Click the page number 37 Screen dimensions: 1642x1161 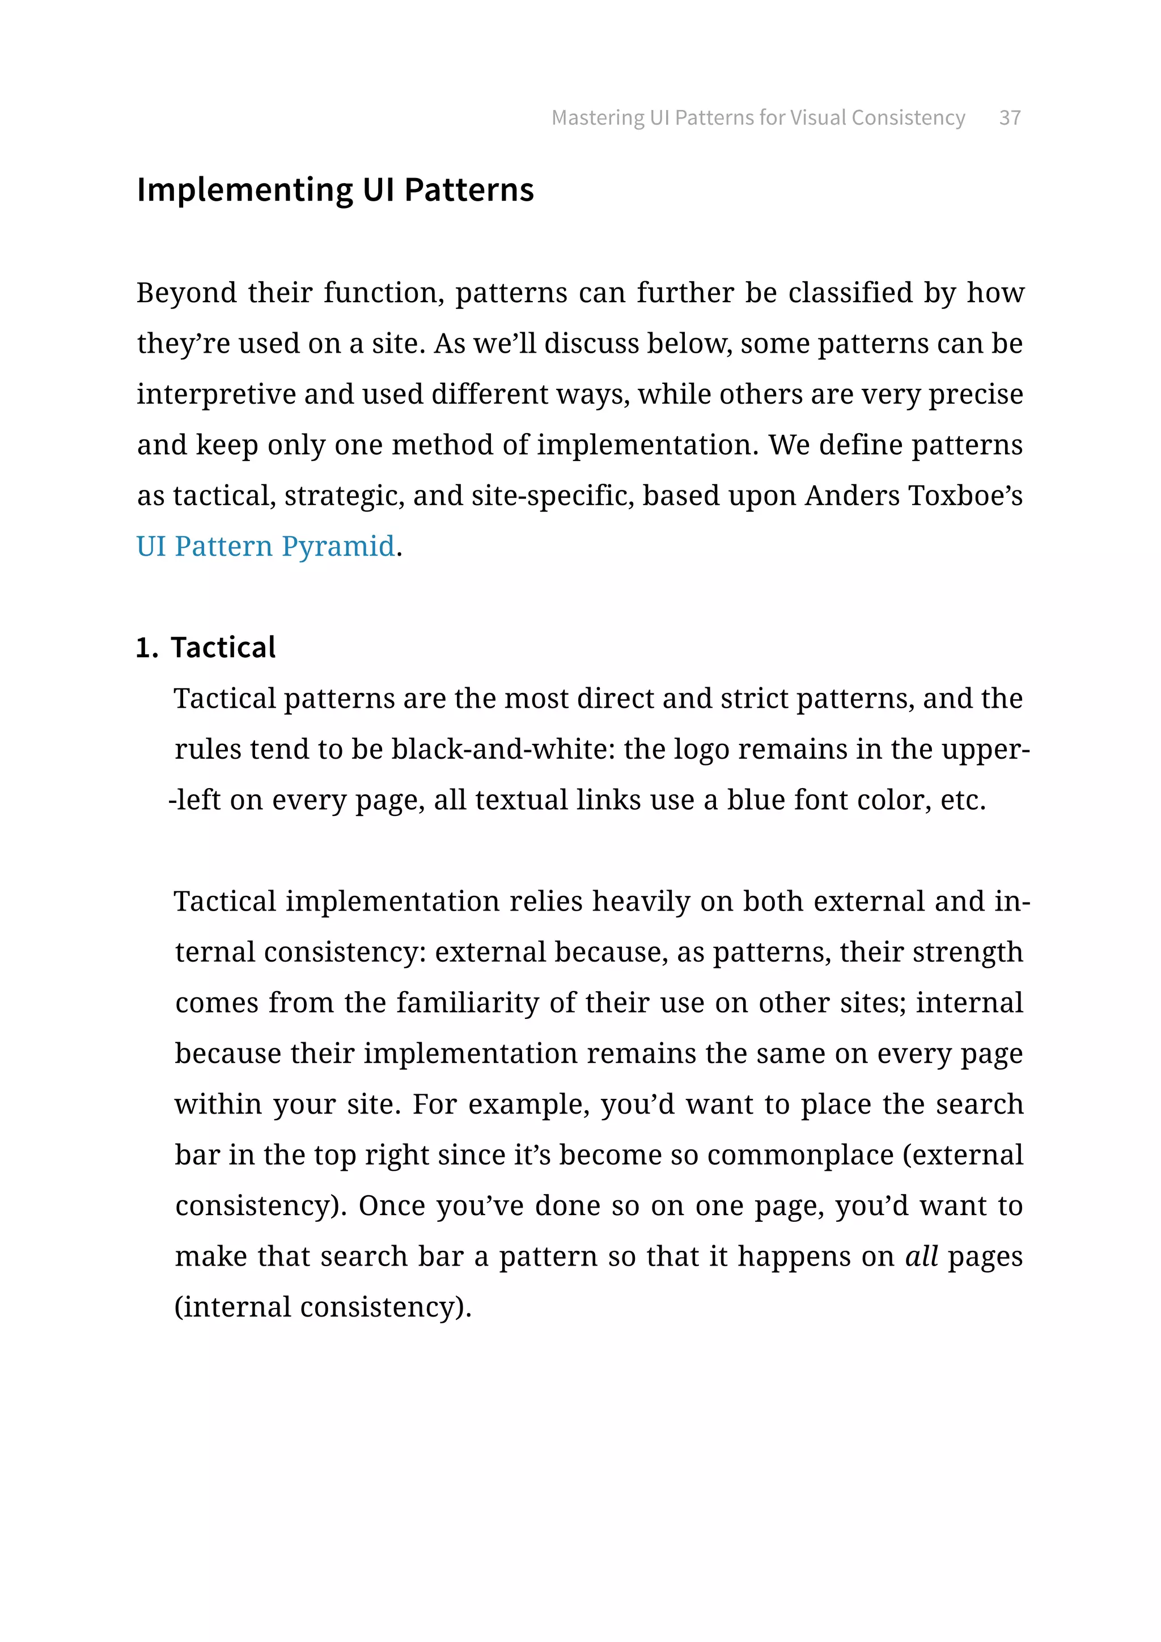tap(1010, 117)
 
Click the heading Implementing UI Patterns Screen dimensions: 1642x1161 tap(335, 191)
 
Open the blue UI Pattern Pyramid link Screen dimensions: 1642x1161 tap(265, 547)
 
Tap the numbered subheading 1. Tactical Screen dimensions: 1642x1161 tap(206, 647)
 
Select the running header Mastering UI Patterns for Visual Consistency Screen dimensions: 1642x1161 tap(758, 117)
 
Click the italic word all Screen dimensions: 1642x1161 tap(921, 1256)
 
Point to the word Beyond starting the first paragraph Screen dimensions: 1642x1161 tap(187, 293)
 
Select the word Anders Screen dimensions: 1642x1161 tap(851, 496)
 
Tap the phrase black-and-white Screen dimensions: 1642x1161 tap(503, 750)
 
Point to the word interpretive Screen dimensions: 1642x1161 tap(216, 395)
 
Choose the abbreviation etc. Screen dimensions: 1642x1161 tap(963, 800)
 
